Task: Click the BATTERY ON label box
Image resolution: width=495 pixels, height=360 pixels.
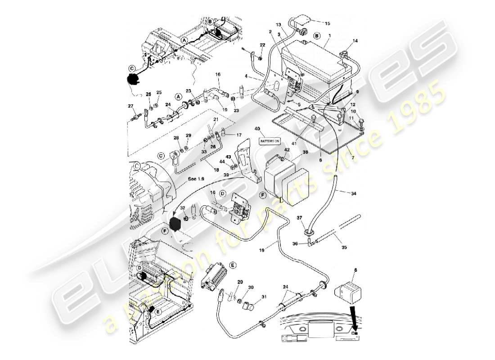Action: [x=270, y=141]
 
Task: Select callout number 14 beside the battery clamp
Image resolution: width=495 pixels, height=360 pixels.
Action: [x=355, y=41]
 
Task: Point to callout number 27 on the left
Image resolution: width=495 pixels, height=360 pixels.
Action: [x=131, y=106]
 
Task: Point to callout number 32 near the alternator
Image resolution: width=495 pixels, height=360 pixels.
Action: [x=182, y=208]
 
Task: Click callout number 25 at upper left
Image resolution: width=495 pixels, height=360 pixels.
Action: [x=159, y=92]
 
